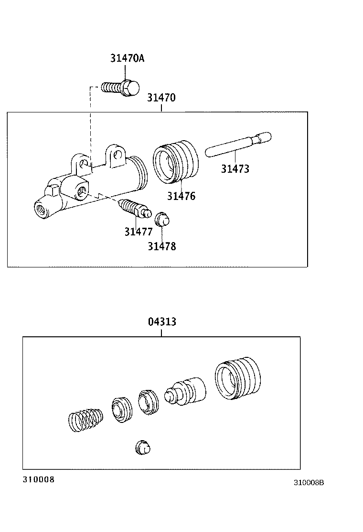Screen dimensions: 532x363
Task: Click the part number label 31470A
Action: point(127,58)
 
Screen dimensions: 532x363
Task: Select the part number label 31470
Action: point(161,98)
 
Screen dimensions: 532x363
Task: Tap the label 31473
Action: point(235,168)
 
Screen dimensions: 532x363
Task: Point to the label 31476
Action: point(181,196)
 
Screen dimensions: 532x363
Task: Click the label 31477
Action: point(139,232)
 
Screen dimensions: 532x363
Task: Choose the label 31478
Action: point(161,246)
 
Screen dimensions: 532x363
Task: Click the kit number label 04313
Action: point(161,321)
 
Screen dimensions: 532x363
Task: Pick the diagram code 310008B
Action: point(309,482)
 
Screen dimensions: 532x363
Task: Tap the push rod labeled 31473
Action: point(237,144)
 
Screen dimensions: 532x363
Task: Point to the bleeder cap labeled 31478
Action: point(162,220)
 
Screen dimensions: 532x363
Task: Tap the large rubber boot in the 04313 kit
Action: point(238,378)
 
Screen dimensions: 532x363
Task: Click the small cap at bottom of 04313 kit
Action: point(142,447)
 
